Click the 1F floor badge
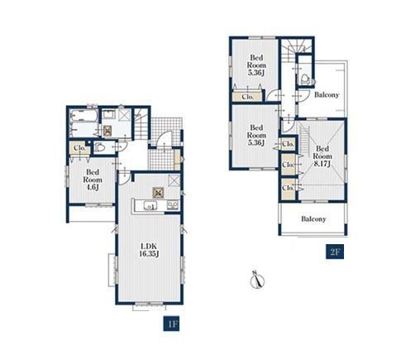click(x=171, y=324)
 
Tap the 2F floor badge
click(x=335, y=252)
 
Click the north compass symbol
click(x=257, y=280)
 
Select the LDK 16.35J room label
click(x=149, y=250)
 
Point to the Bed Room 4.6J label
click(x=93, y=180)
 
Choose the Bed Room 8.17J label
click(x=322, y=156)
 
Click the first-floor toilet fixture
click(x=99, y=147)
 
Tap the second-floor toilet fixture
click(x=304, y=79)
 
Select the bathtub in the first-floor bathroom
click(x=84, y=116)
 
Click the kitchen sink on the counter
click(x=150, y=205)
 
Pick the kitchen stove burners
click(x=173, y=204)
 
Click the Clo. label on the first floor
click(x=79, y=148)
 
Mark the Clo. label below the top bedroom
click(x=248, y=97)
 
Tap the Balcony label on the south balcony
click(x=313, y=219)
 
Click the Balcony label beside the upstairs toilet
click(x=327, y=94)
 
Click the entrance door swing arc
click(x=165, y=137)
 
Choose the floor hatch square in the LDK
click(x=159, y=193)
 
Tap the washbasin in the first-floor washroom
click(x=109, y=114)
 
